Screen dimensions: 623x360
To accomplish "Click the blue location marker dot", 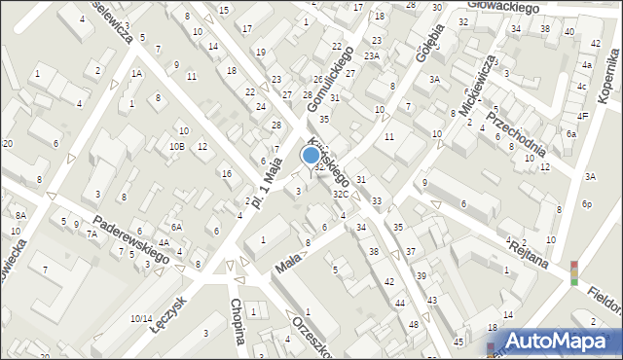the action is point(311,154).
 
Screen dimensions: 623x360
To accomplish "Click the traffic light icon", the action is point(573,272).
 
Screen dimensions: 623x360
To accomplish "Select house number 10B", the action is point(175,146).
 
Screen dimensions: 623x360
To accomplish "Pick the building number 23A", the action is point(372,56).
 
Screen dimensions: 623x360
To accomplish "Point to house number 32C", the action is point(340,195).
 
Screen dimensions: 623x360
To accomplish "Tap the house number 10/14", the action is point(140,318).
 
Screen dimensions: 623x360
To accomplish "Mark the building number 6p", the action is point(586,204).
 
